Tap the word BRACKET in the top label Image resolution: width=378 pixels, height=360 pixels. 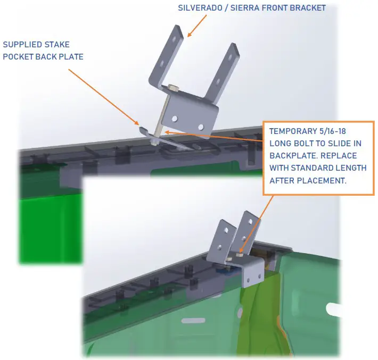pos(308,7)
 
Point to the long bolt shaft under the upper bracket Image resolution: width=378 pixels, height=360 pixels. pos(161,115)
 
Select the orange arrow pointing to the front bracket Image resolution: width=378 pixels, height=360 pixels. pos(196,26)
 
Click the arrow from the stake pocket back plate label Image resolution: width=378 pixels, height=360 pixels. pos(104,97)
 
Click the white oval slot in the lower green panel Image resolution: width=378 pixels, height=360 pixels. pos(193,321)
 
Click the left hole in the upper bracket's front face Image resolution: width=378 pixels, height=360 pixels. pos(175,119)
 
